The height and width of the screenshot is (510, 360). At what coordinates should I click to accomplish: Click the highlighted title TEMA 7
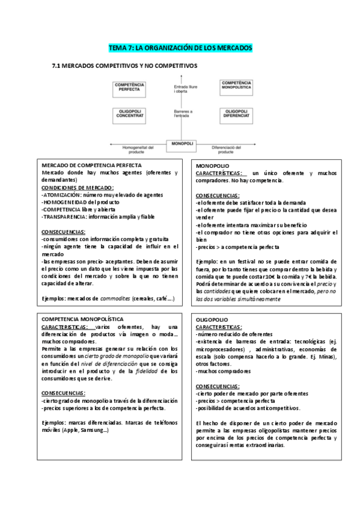pos(180,47)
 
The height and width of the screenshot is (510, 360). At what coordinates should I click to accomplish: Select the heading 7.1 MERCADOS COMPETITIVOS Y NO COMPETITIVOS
pos(124,66)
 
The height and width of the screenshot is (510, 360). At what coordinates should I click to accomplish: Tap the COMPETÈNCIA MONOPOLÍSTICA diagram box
pos(236,88)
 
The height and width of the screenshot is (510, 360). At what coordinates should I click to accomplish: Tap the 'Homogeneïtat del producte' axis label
pos(139,150)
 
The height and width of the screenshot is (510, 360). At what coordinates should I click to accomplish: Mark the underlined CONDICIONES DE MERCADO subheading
pos(77,187)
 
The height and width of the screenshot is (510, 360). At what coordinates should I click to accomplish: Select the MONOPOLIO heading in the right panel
pos(213,165)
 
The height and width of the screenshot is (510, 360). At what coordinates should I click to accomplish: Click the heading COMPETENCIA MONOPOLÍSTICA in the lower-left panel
pos(82,318)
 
